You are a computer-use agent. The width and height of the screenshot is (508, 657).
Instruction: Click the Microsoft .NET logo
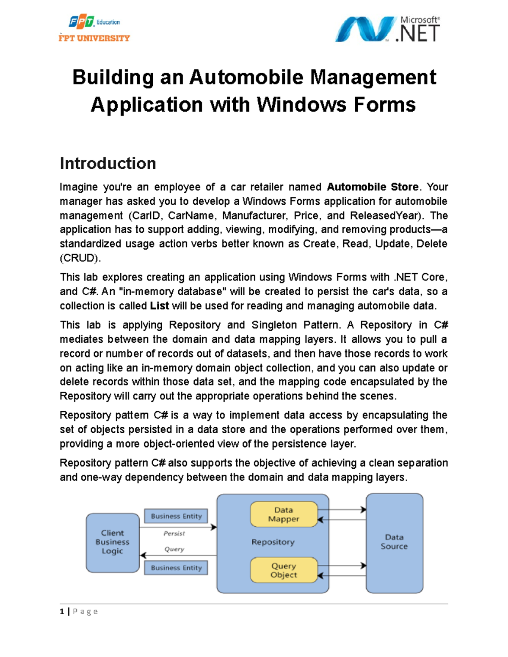click(387, 29)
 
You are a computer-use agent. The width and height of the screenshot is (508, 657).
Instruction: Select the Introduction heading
click(108, 163)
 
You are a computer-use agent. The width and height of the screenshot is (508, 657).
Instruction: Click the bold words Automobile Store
click(373, 187)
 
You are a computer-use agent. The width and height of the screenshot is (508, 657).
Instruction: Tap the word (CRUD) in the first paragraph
click(80, 258)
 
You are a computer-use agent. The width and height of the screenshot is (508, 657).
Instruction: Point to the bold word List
click(160, 306)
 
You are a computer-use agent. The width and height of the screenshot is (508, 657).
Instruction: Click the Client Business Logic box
click(113, 542)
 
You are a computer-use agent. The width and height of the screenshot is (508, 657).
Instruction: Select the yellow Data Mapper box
click(284, 514)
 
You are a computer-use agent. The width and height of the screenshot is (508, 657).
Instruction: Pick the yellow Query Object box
click(284, 570)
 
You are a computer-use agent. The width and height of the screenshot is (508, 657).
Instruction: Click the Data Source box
click(394, 542)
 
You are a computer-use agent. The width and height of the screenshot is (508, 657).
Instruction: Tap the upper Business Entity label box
click(176, 516)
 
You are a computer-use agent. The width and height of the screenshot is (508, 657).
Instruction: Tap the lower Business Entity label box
click(176, 568)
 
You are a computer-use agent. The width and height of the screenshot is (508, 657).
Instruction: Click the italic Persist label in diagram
click(174, 533)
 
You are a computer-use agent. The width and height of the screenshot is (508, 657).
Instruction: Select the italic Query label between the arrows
click(174, 549)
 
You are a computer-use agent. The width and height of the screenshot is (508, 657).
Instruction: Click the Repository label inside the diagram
click(273, 542)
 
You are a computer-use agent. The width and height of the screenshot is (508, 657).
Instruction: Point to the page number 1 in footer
click(62, 611)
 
